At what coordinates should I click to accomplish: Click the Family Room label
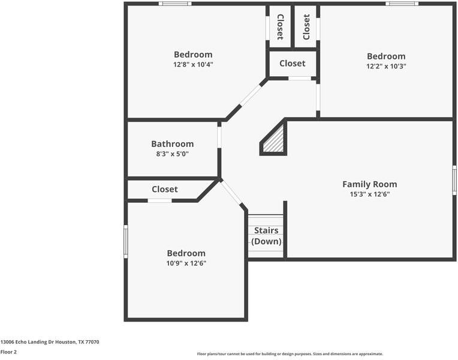[369, 184]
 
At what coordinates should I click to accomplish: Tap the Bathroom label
[172, 144]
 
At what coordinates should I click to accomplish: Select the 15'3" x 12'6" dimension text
[369, 194]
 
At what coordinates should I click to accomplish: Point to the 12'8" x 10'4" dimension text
[193, 65]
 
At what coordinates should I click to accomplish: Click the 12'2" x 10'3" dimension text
[386, 67]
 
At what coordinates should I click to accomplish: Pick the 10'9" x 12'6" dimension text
[186, 263]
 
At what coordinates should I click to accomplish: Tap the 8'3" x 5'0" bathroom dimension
[172, 154]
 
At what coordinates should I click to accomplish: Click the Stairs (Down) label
[266, 236]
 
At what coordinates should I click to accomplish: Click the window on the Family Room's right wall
[454, 180]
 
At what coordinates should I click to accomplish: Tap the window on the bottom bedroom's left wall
[125, 241]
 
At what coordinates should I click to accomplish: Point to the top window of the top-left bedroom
[175, 4]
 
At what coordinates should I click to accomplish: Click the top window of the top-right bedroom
[402, 4]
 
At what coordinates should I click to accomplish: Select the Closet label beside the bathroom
[164, 189]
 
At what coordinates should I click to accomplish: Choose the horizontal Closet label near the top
[292, 63]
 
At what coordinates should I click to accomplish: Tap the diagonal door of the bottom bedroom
[232, 193]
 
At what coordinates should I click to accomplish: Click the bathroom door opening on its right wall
[219, 136]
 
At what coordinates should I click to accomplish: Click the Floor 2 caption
[8, 352]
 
